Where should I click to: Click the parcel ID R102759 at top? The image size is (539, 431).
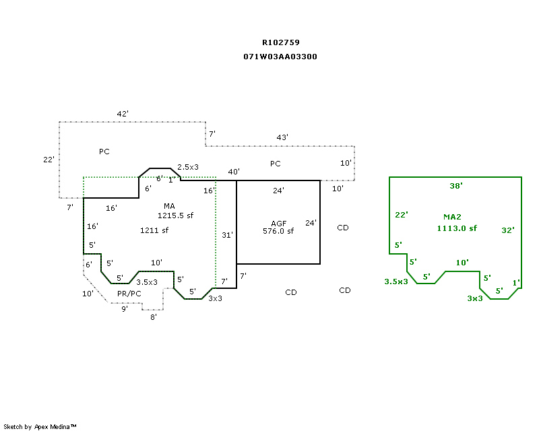(x=281, y=42)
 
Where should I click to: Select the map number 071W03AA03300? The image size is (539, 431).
(x=280, y=57)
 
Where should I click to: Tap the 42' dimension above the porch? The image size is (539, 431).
(x=123, y=114)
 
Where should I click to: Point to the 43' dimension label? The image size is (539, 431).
(x=282, y=137)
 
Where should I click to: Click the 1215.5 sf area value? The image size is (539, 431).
(x=175, y=215)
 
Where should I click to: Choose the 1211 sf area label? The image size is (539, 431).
(x=154, y=230)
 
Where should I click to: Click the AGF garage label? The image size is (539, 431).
(x=279, y=224)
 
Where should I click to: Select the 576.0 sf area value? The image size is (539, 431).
(x=278, y=231)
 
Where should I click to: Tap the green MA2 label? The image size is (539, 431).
(x=452, y=217)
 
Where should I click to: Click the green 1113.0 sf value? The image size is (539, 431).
(x=457, y=228)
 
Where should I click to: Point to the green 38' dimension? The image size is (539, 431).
(x=456, y=186)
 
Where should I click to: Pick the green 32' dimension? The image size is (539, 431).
(x=508, y=230)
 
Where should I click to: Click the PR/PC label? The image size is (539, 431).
(x=129, y=294)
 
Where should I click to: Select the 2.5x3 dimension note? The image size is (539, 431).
(x=188, y=167)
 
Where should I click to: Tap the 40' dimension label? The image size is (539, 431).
(x=234, y=172)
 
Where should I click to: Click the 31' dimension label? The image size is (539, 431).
(x=227, y=235)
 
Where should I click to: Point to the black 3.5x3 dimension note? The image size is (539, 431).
(x=147, y=282)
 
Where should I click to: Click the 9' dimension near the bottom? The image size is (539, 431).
(x=125, y=309)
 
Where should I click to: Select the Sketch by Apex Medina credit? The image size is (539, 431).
(x=40, y=427)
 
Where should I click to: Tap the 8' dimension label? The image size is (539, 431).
(x=154, y=317)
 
